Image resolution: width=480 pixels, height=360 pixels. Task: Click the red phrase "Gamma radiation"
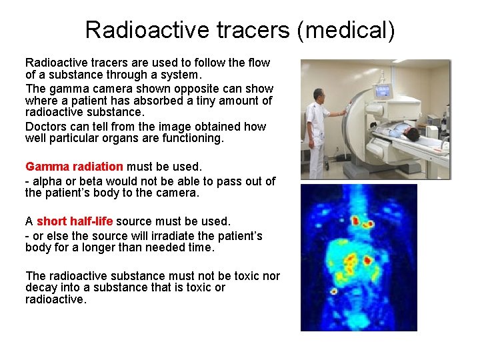[74, 167]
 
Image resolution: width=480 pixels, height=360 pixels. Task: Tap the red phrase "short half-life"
[75, 221]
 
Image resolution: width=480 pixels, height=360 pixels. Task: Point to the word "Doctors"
[45, 127]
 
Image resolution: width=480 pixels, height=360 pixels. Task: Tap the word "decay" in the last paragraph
[41, 287]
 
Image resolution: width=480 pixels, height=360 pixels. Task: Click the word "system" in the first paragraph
[181, 75]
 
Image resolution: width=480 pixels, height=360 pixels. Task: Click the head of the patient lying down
[412, 134]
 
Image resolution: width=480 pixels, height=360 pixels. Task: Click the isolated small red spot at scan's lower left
[333, 291]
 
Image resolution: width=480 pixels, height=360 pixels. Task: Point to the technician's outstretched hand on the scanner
[345, 114]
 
